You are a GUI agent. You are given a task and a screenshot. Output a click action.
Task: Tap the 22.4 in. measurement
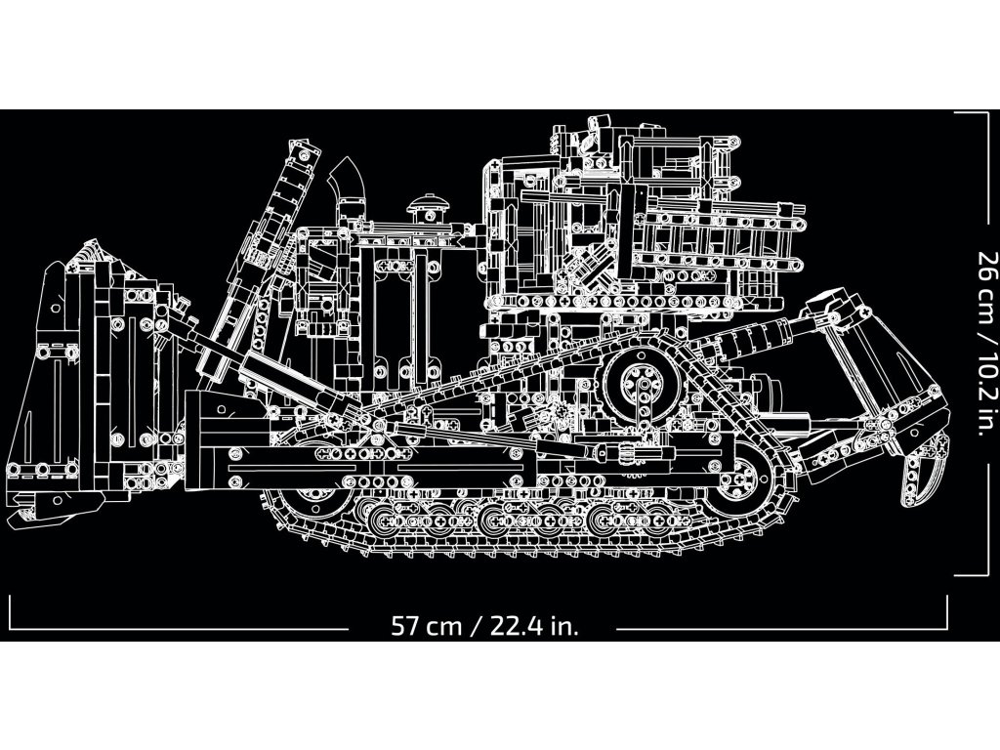[x=536, y=626]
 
